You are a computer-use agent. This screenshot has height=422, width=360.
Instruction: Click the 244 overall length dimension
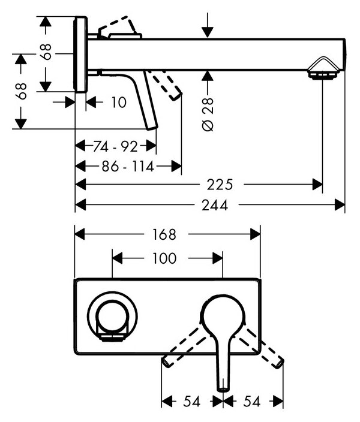point(215,205)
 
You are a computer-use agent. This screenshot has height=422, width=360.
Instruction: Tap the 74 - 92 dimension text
point(115,146)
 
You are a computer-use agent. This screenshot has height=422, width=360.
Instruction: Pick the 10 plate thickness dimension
point(119,103)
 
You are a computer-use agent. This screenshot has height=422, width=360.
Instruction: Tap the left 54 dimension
point(191,401)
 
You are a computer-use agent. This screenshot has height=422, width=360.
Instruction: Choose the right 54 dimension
point(252,401)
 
